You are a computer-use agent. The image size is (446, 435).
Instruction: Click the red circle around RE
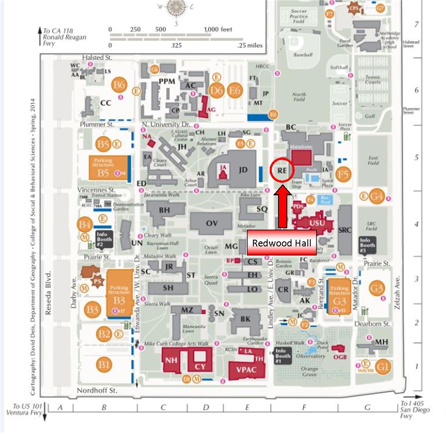click(282, 170)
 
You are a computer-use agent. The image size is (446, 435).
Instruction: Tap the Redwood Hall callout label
click(281, 243)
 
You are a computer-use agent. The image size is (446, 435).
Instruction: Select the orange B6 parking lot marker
click(119, 85)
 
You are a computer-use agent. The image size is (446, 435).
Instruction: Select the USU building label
click(317, 223)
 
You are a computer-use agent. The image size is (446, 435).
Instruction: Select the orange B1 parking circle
click(104, 364)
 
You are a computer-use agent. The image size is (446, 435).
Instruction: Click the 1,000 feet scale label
click(218, 30)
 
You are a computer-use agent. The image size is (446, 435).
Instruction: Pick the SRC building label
click(345, 230)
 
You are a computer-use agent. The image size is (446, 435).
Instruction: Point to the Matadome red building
click(302, 157)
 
